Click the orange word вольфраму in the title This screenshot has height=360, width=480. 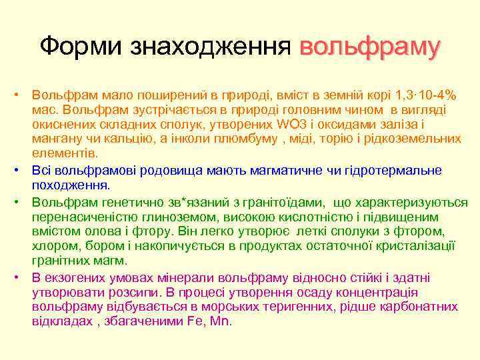coord(370,47)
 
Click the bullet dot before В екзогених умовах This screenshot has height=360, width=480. coord(22,276)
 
